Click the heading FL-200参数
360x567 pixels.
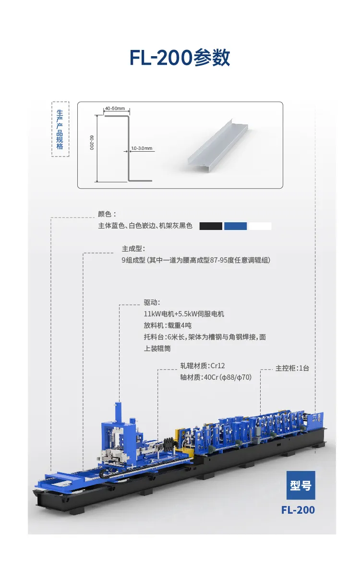[180, 58]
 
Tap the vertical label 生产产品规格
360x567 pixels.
[60, 130]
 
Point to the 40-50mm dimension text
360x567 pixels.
[115, 109]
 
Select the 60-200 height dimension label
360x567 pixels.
[92, 143]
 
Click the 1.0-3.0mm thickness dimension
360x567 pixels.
[142, 148]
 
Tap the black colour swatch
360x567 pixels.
[211, 226]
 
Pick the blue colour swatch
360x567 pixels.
[235, 226]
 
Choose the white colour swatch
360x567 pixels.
[260, 226]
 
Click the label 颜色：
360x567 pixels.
[107, 214]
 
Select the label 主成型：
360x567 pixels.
[133, 249]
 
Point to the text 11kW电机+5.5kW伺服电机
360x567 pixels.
[184, 314]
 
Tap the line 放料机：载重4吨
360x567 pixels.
[168, 326]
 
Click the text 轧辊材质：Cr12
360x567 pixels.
[203, 366]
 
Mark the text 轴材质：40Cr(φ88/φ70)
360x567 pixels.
[216, 377]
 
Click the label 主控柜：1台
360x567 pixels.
[292, 368]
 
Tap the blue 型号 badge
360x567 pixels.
[301, 485]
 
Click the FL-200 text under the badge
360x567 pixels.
[298, 510]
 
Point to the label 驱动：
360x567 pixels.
[152, 302]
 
